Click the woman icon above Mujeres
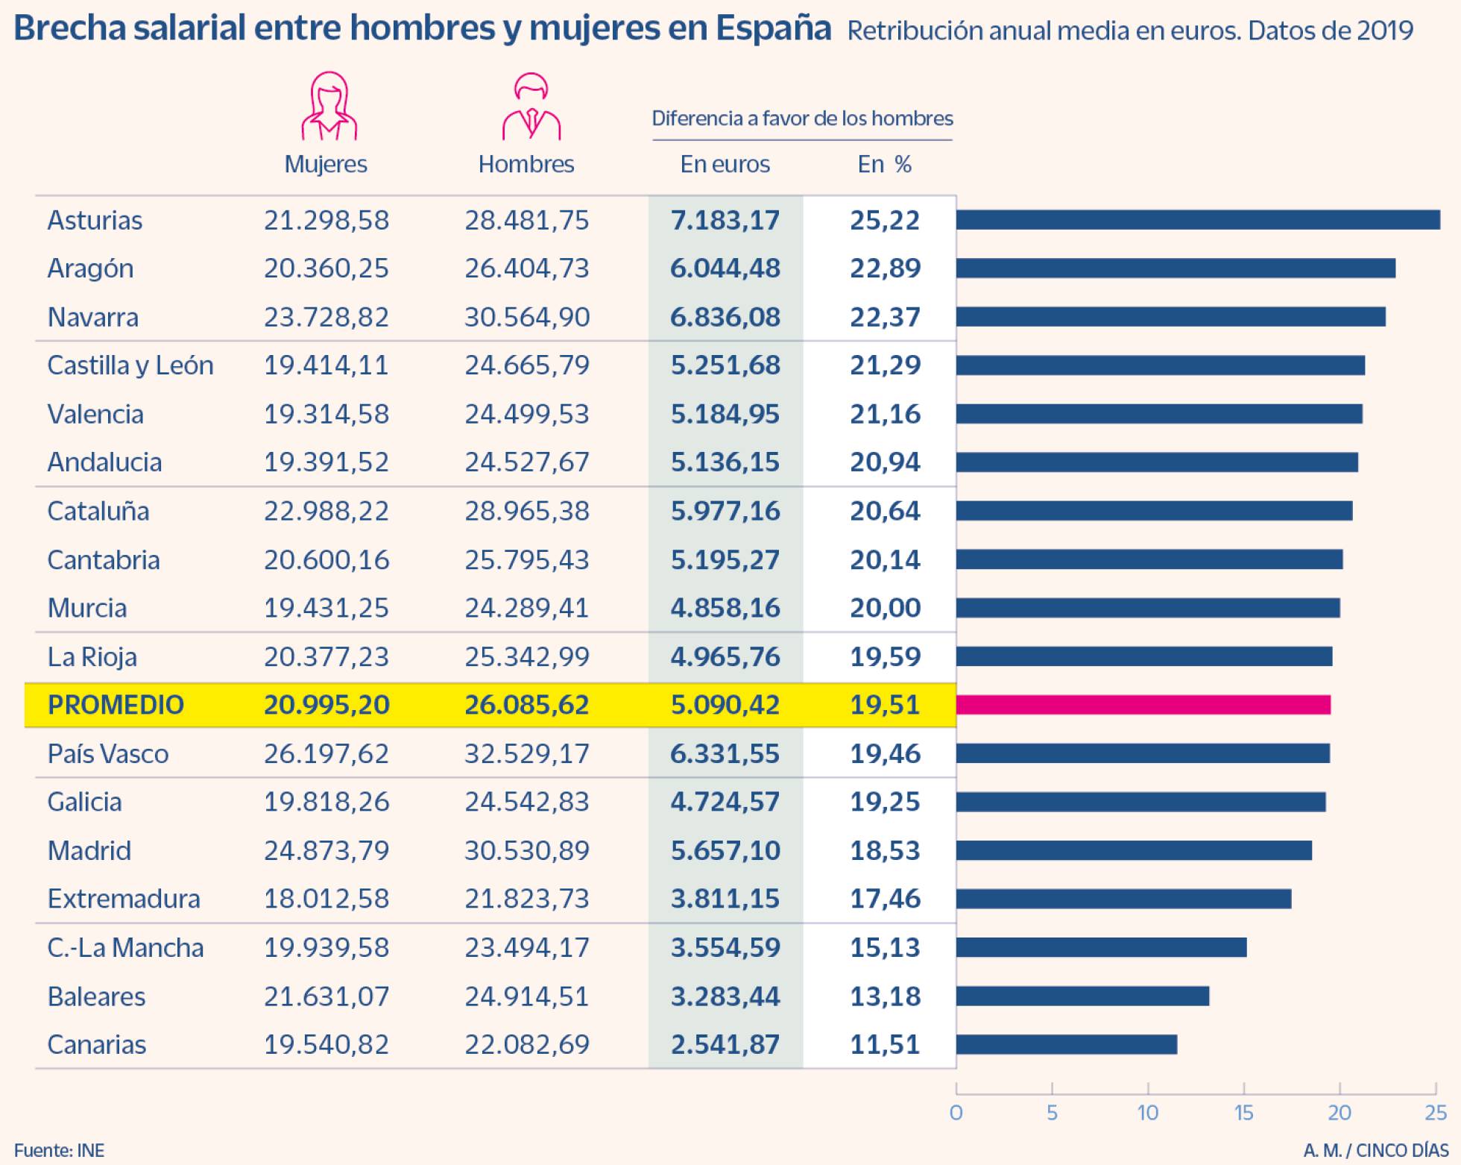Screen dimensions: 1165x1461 [329, 106]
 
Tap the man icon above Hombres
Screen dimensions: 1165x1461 [531, 107]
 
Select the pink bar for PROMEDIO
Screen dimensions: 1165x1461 [1143, 705]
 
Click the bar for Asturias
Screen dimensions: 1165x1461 [1198, 219]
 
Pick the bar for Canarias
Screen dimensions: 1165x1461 [1067, 1044]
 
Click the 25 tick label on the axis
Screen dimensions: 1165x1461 [1436, 1113]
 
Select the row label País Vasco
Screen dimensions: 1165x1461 [108, 753]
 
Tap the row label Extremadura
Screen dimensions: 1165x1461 [124, 899]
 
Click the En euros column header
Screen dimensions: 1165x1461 [725, 164]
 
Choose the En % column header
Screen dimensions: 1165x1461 [884, 164]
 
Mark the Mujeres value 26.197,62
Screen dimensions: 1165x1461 [326, 753]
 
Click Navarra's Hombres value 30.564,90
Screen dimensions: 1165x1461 [527, 317]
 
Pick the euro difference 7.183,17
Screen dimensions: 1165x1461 [725, 220]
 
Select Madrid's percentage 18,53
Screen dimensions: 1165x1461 [885, 850]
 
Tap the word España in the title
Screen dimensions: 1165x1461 [773, 28]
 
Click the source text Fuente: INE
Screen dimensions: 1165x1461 [59, 1150]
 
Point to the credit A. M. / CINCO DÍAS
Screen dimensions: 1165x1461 [1376, 1150]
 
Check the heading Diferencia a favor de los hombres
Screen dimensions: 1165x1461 [802, 119]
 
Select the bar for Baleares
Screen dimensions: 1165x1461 [1082, 996]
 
